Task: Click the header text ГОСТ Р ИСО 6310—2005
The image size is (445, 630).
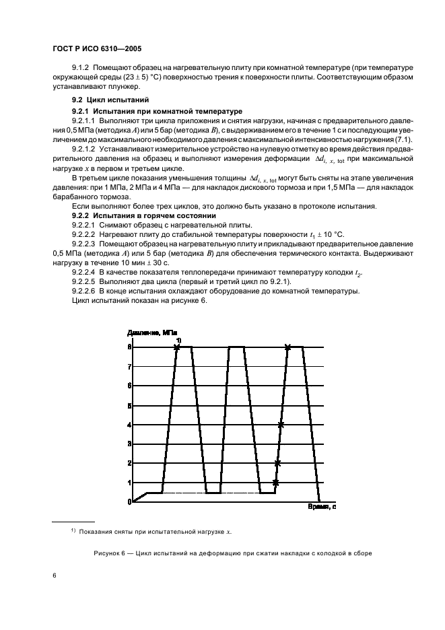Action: tap(96, 48)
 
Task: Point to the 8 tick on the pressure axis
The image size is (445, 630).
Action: tap(130, 347)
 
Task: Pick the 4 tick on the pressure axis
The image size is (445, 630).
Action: tap(130, 425)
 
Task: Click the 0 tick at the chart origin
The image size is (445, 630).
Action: tap(130, 501)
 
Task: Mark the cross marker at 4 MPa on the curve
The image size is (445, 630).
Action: tap(281, 425)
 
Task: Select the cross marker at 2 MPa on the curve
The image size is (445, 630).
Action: tap(277, 463)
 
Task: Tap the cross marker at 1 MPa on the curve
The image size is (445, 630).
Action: tap(275, 483)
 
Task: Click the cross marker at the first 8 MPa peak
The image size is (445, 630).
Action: tap(177, 347)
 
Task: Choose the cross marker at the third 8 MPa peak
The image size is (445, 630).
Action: tap(288, 347)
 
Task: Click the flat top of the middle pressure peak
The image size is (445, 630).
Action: tap(236, 347)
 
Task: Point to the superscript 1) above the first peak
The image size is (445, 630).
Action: tap(178, 340)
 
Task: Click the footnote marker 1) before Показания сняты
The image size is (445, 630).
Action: tap(73, 531)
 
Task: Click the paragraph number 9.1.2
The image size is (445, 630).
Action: tap(80, 69)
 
